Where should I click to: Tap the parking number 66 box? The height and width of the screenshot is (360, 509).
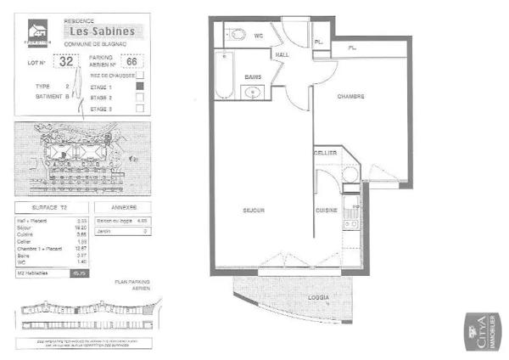131,60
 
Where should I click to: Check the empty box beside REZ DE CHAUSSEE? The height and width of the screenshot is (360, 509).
152,75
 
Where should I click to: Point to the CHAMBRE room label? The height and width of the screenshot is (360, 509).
350,97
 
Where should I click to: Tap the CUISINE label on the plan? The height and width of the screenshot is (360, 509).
327,210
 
